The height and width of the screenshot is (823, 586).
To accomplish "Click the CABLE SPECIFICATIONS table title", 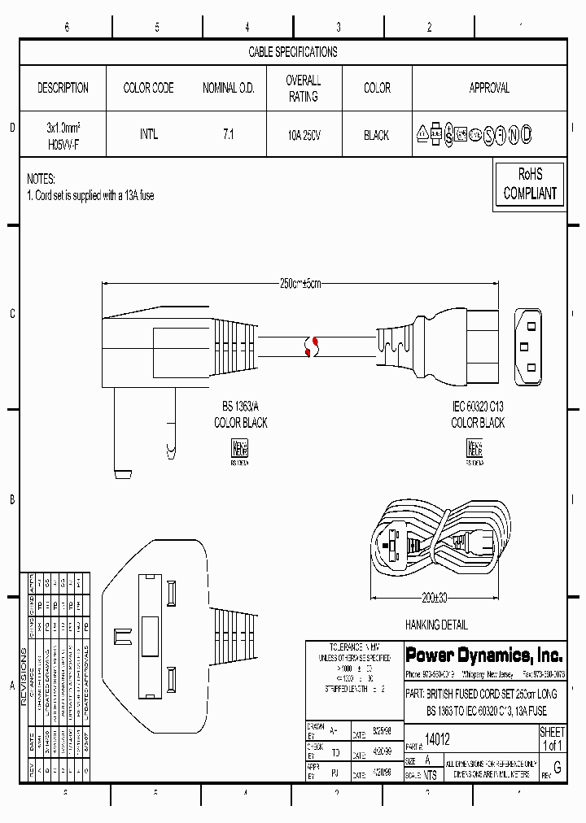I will (292, 52).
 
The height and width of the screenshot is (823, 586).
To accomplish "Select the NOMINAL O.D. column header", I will (228, 88).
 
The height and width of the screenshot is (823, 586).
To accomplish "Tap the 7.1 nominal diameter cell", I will (228, 135).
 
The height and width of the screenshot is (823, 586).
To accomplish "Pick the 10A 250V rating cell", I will (303, 135).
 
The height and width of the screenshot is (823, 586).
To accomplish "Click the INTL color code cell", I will (148, 135).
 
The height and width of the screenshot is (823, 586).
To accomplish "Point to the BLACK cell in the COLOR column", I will (376, 135).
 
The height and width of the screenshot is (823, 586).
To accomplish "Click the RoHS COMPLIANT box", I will (529, 184).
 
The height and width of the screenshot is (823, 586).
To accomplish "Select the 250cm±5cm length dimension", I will (300, 284).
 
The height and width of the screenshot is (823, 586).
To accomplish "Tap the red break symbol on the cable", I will (309, 346).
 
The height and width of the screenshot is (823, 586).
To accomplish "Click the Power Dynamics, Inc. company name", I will (483, 655).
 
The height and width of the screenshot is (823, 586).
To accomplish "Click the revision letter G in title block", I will (557, 767).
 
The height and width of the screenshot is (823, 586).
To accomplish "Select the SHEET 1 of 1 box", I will (552, 738).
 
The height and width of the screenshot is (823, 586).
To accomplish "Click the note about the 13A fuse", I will (90, 196).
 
